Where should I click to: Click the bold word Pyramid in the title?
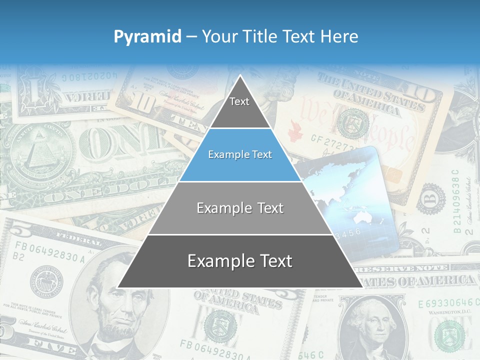147,37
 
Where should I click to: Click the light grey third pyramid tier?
240,208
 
